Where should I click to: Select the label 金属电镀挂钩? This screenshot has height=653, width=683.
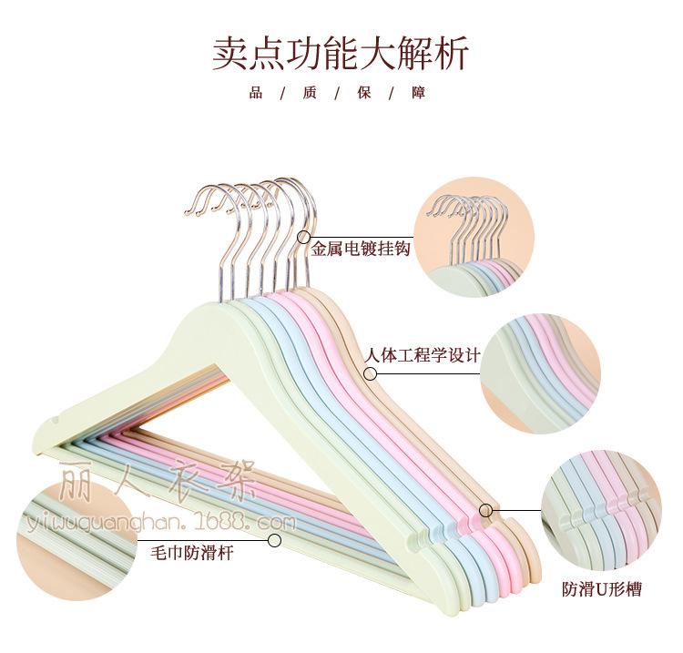click(361, 248)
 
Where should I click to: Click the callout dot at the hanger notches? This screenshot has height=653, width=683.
click(486, 510)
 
